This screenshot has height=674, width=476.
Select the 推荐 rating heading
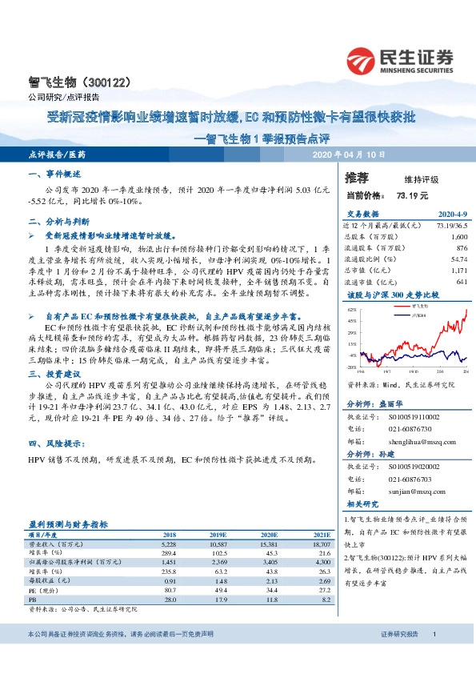pyautogui.click(x=358, y=177)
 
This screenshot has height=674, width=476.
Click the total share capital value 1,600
pyautogui.click(x=458, y=238)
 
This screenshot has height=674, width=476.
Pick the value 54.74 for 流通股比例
pyautogui.click(x=458, y=259)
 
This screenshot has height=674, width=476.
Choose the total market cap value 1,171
pyautogui.click(x=458, y=271)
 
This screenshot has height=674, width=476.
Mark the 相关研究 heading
pyautogui.click(x=362, y=504)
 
